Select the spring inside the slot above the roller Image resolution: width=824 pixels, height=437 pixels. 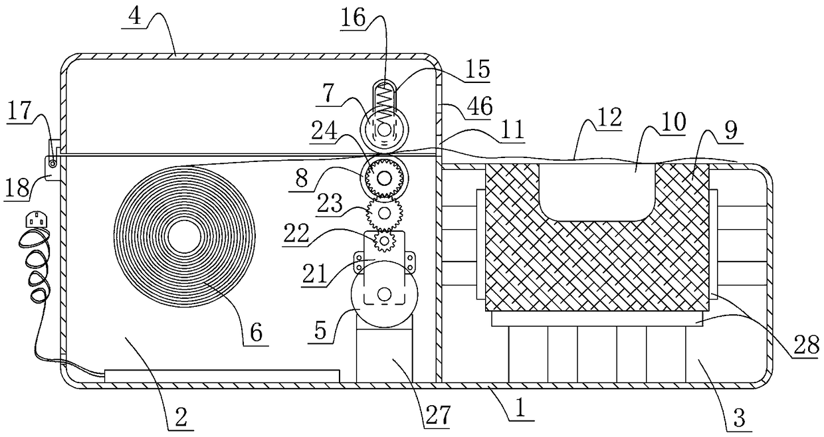pos(385,100)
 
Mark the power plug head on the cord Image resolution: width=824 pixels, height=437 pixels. pos(36,220)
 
